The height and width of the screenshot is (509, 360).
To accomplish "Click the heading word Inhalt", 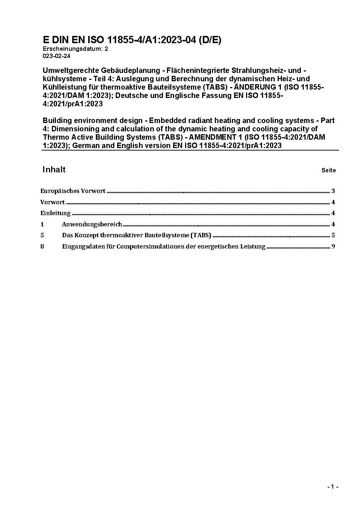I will [x=54, y=170].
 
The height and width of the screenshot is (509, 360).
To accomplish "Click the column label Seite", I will [x=328, y=171].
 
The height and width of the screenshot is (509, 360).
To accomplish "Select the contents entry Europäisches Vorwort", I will [x=73, y=191].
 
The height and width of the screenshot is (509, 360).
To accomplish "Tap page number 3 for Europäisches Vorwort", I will [x=333, y=191].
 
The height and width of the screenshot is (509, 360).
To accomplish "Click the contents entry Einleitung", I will [x=56, y=213].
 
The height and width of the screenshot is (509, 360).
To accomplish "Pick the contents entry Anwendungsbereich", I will [x=92, y=225].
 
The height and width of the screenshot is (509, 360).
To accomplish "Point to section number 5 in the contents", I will [x=42, y=235].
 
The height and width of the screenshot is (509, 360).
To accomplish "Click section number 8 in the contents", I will [x=42, y=247].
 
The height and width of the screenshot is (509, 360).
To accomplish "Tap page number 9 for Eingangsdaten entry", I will [x=333, y=247].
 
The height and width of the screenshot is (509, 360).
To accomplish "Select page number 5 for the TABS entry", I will [x=333, y=235].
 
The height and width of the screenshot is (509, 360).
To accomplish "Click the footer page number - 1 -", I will [x=333, y=487].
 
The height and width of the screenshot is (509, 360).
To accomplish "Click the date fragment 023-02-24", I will [x=57, y=56].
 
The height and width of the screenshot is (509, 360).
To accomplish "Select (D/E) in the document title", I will [x=209, y=40].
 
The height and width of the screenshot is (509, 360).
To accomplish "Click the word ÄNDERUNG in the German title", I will [x=256, y=87].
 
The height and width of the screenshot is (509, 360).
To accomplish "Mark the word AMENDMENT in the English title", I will [x=214, y=137].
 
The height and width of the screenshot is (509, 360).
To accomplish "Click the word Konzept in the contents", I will [x=86, y=235].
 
